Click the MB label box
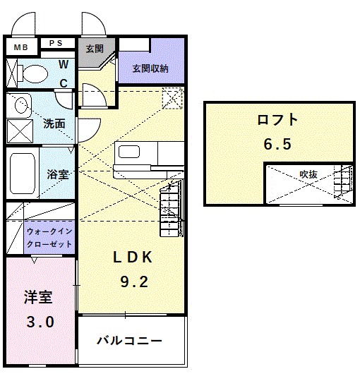(21, 47)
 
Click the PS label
(56, 43)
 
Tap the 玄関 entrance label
(95, 49)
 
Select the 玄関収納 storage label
(150, 68)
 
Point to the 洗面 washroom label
(54, 123)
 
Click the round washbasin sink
(21, 106)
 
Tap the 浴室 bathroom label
(57, 174)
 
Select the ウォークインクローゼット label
(49, 237)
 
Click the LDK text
(133, 258)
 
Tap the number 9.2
(133, 282)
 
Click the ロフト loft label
(277, 120)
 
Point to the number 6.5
(277, 144)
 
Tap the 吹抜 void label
(308, 174)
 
